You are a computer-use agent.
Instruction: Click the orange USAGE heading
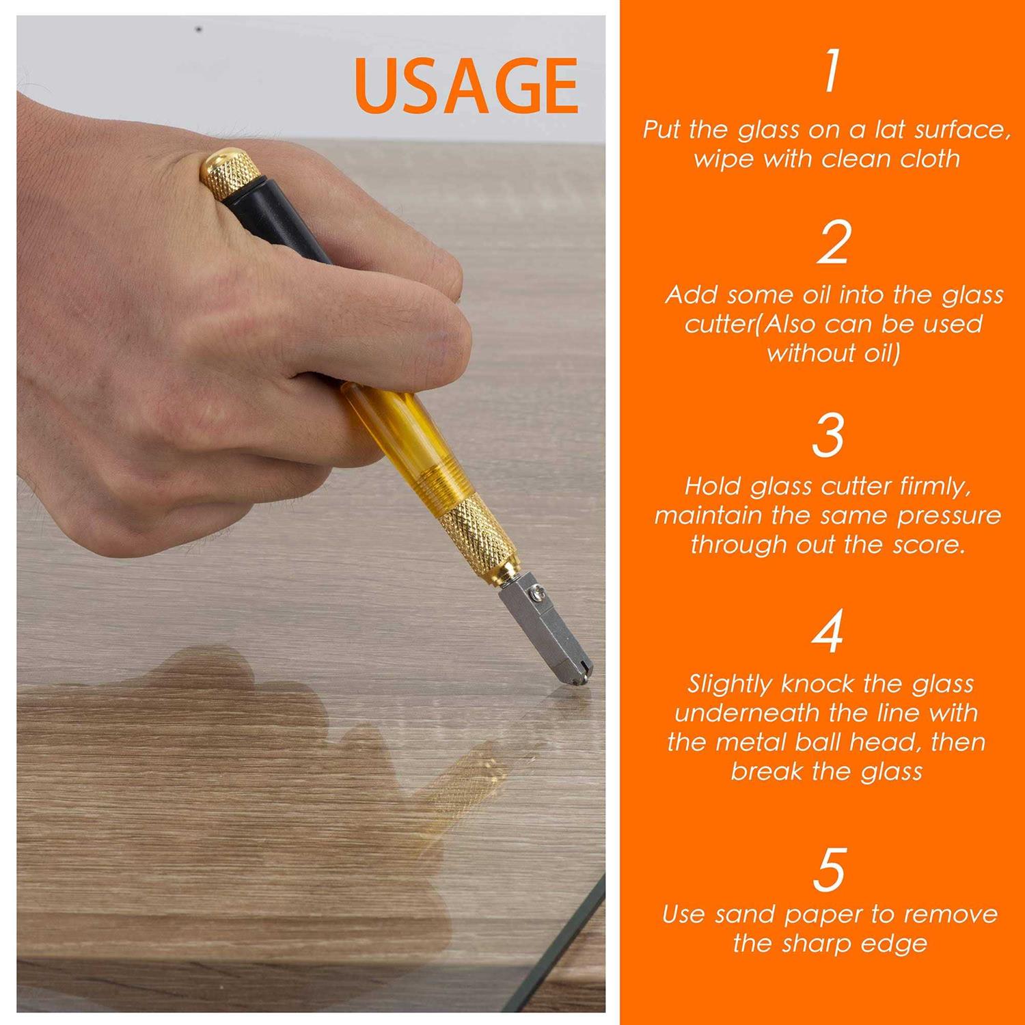(x=467, y=85)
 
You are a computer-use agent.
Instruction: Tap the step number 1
(x=831, y=70)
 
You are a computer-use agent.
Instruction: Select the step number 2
(x=833, y=242)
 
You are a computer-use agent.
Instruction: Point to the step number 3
(x=828, y=435)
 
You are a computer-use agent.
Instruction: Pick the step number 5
(x=829, y=869)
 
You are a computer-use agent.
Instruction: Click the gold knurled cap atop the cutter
(x=228, y=174)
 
